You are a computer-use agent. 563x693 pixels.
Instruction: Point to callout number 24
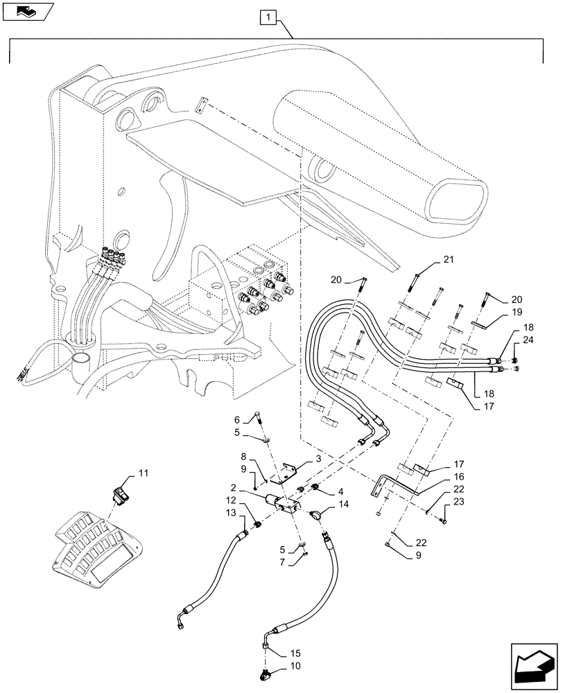(x=528, y=340)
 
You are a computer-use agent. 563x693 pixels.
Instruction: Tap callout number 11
(x=143, y=473)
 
